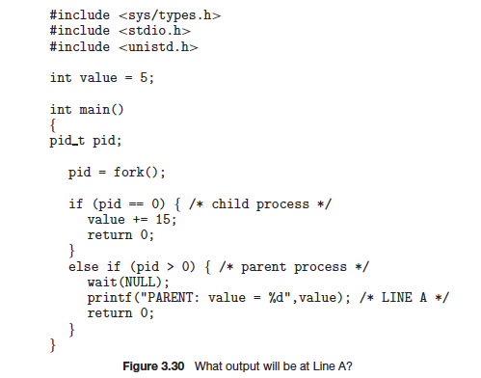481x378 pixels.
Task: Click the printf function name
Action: (x=108, y=297)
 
